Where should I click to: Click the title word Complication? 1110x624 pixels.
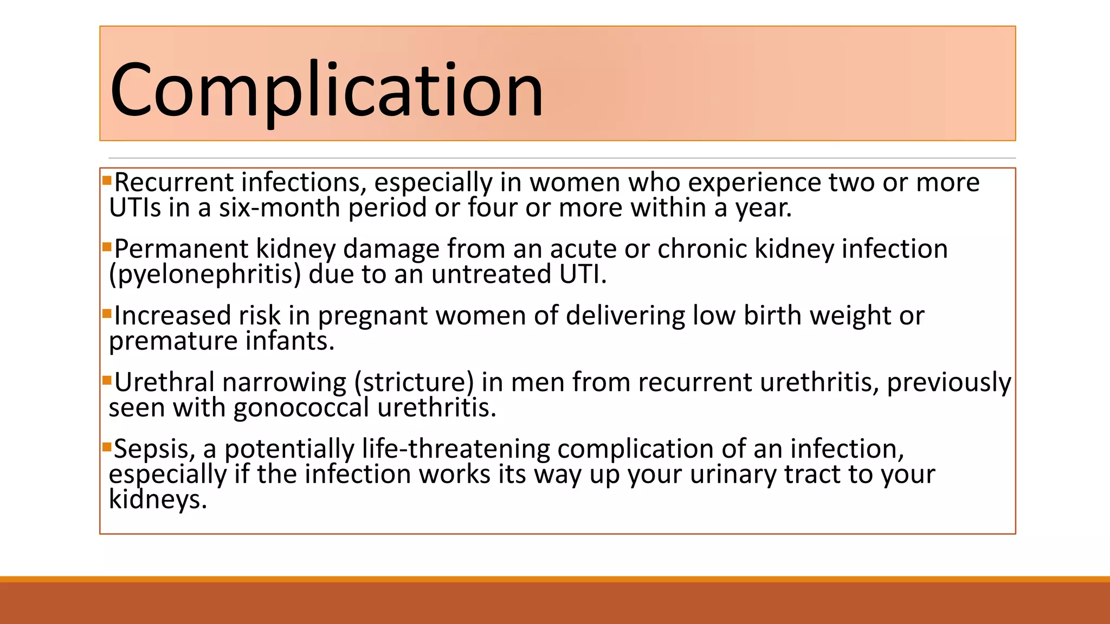coord(326,89)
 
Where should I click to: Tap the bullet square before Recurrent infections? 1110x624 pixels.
coord(107,179)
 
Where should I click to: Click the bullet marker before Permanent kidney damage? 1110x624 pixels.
coord(107,246)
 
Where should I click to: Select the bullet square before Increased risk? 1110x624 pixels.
coord(107,313)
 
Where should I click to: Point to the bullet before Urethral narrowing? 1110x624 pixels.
coord(107,380)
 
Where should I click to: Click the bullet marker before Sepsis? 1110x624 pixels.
coord(107,446)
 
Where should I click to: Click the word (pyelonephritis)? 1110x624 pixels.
coord(205,274)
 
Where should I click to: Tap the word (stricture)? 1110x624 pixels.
coord(414,382)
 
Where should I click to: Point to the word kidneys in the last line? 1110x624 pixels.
coord(157,499)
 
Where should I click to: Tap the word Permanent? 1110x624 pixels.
coord(181,249)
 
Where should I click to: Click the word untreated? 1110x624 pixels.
coord(491,274)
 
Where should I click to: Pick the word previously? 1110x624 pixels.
coord(948,382)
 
